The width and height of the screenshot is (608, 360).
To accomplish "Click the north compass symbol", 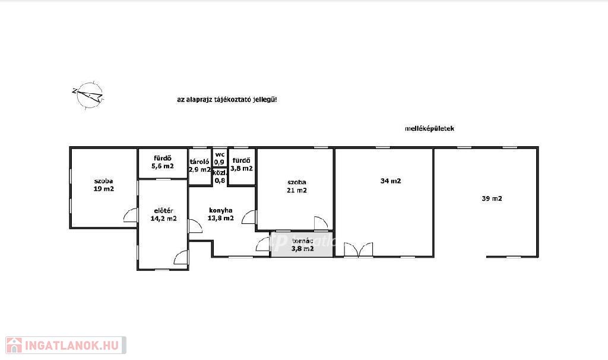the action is (88, 95).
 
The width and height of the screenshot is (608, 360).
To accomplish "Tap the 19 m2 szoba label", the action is (103, 185).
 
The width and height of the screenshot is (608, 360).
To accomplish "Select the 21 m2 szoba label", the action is (297, 186).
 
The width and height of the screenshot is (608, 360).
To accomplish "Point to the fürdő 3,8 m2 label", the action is (242, 165).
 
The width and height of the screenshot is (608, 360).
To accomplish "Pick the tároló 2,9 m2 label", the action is (199, 166).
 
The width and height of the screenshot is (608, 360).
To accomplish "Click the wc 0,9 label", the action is (220, 158).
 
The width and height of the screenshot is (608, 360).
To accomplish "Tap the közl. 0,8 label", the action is (220, 176).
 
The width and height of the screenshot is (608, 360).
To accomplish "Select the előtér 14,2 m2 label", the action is (164, 214).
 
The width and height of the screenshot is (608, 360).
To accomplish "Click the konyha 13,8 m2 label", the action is (221, 214).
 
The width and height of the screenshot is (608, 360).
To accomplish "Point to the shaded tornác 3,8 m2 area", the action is (302, 244).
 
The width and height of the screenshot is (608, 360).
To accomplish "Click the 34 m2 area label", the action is (391, 181).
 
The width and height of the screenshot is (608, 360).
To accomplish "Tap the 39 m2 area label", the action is (492, 198).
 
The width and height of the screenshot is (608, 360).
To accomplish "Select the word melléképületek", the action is (429, 128).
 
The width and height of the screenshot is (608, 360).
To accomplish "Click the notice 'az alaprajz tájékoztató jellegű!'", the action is (227, 99).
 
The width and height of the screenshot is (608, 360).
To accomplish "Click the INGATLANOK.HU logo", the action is (66, 345).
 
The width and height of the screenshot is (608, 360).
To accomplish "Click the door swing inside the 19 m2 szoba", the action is (130, 214).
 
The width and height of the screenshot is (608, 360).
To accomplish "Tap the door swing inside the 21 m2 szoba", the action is (321, 223).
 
